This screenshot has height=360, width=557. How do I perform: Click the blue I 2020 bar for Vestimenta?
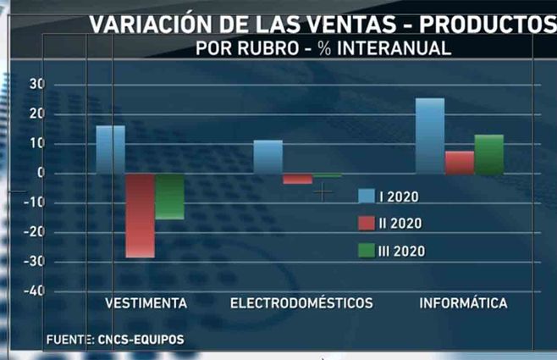pyautogui.click(x=110, y=150)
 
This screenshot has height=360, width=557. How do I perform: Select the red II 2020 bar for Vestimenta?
pyautogui.click(x=141, y=215)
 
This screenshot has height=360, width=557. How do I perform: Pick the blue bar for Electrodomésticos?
pyautogui.click(x=268, y=157)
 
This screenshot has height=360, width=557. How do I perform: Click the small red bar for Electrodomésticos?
pyautogui.click(x=297, y=179)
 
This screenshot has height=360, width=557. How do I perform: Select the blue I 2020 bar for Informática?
pyautogui.click(x=430, y=136)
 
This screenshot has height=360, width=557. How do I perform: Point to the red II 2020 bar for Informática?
pyautogui.click(x=459, y=163)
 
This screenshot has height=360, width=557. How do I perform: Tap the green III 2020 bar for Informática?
pyautogui.click(x=488, y=155)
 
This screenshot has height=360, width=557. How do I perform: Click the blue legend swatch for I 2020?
pyautogui.click(x=366, y=197)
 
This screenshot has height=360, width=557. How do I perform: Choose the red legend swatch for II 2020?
pyautogui.click(x=366, y=224)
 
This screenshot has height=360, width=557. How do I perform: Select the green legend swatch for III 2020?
pyautogui.click(x=366, y=251)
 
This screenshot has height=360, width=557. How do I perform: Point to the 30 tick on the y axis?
pyautogui.click(x=36, y=84)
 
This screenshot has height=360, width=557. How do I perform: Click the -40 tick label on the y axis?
pyautogui.click(x=34, y=291)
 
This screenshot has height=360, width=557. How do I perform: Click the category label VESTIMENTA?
pyautogui.click(x=146, y=303)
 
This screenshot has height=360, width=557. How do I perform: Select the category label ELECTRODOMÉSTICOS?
pyautogui.click(x=301, y=303)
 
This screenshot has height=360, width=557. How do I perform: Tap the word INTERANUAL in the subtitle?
pyautogui.click(x=393, y=48)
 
